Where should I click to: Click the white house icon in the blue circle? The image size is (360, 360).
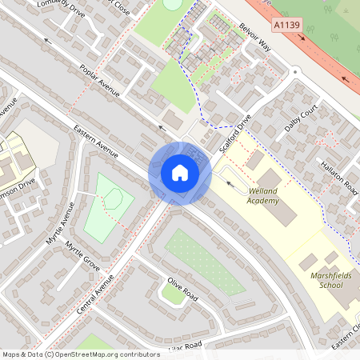click(x=179, y=173)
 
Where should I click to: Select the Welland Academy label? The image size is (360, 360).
click(x=263, y=196)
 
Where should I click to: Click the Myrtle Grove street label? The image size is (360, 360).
click(x=82, y=254)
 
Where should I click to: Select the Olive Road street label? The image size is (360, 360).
click(x=182, y=288)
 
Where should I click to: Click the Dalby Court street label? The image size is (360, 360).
click(x=302, y=117)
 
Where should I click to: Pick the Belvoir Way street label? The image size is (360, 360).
click(x=255, y=37)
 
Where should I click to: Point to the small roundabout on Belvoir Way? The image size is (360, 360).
click(x=295, y=72)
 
